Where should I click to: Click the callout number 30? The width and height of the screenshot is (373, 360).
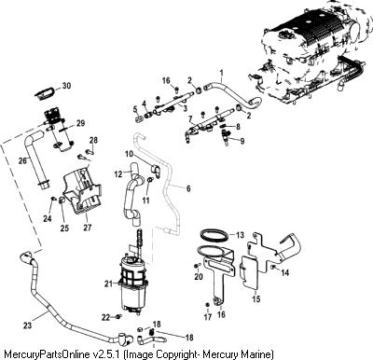pyautogui.click(x=66, y=86)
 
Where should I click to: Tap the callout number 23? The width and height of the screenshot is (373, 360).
pyautogui.click(x=27, y=325)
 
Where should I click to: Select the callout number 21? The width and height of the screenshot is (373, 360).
pyautogui.click(x=108, y=284)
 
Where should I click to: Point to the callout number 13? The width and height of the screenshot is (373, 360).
pyautogui.click(x=240, y=235)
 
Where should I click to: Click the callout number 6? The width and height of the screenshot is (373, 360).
pyautogui.click(x=188, y=188)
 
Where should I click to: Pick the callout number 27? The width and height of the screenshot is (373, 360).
pyautogui.click(x=88, y=228)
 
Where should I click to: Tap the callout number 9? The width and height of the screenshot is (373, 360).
pyautogui.click(x=242, y=141)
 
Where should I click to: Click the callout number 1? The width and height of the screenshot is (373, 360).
pyautogui.click(x=221, y=73)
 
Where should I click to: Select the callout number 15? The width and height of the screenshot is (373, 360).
pyautogui.click(x=256, y=299)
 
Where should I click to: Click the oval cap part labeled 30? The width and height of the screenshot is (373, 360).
pyautogui.click(x=46, y=93)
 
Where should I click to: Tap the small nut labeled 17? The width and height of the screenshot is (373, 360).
pyautogui.click(x=207, y=304)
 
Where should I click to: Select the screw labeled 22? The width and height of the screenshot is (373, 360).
pyautogui.click(x=118, y=317)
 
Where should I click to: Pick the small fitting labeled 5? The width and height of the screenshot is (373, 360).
pyautogui.click(x=139, y=118)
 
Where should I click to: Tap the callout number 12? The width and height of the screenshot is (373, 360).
pyautogui.click(x=118, y=174)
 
